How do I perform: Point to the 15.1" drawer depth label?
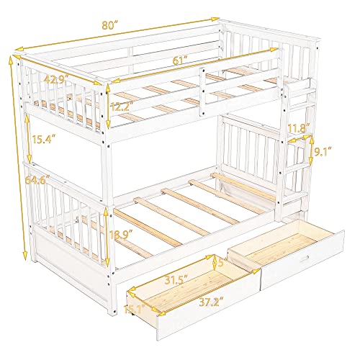pyautogui.click(x=135, y=311)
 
